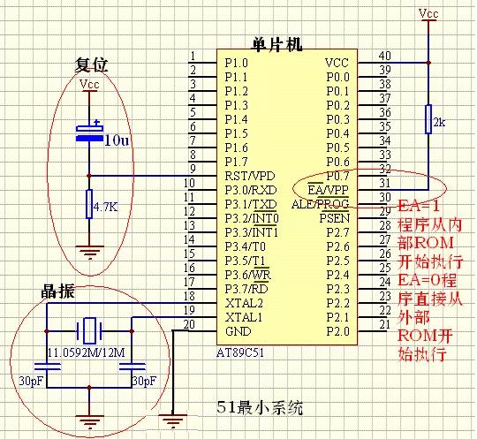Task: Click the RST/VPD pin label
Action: coord(250,176)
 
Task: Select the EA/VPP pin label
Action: coord(328,190)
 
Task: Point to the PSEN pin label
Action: coord(334,218)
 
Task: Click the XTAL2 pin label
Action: coord(244,303)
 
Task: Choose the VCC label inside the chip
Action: coord(337,63)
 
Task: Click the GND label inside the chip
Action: coord(238,331)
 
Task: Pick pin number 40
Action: coord(383,57)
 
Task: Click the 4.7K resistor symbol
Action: coord(87,206)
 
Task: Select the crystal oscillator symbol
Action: coord(87,331)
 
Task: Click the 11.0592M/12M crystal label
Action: coord(88,353)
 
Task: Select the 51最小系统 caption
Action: coord(262,407)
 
